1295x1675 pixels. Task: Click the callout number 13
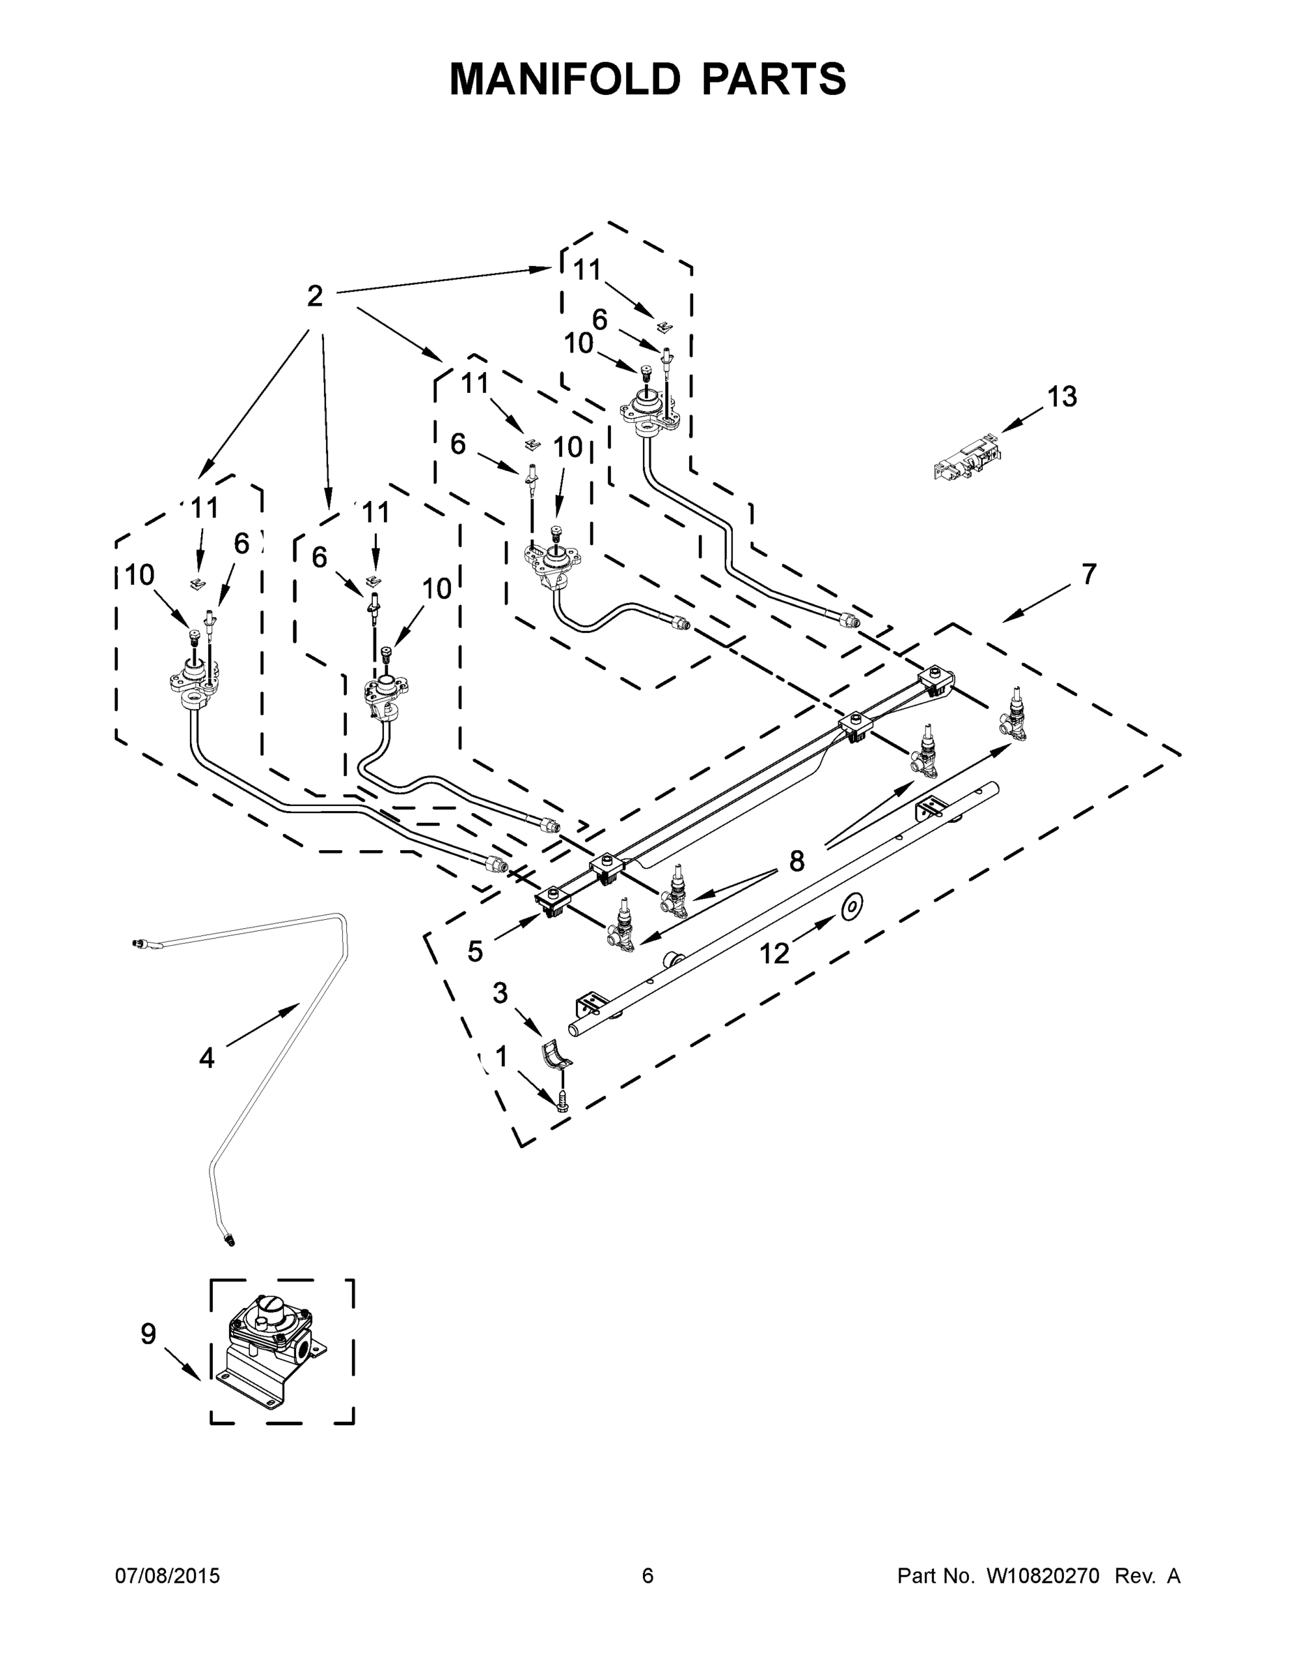click(x=1062, y=397)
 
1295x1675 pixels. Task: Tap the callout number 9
click(x=148, y=1334)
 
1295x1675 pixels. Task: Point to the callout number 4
click(x=207, y=1058)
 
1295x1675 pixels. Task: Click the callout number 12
click(x=774, y=953)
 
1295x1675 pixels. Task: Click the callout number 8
click(x=797, y=861)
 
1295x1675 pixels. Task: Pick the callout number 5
click(x=475, y=951)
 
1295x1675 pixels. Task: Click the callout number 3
click(x=501, y=993)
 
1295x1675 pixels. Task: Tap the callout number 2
click(x=315, y=296)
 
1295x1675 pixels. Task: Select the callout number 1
click(x=501, y=1057)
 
